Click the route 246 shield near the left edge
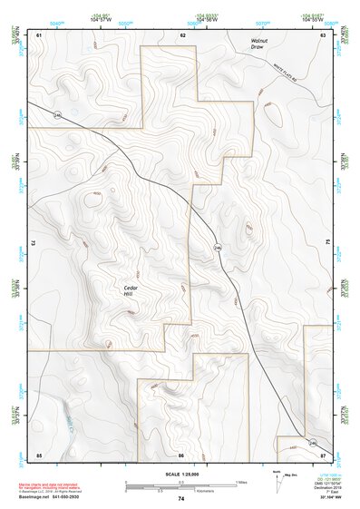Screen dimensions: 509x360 (56, 116)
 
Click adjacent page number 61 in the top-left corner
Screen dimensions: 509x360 (39, 34)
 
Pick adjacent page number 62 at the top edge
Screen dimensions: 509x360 (182, 34)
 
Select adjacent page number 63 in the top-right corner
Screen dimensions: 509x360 (324, 34)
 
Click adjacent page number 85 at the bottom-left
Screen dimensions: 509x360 (39, 454)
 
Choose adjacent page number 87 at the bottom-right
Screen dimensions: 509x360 (324, 454)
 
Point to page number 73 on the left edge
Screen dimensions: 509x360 (33, 243)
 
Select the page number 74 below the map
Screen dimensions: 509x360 (181, 499)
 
